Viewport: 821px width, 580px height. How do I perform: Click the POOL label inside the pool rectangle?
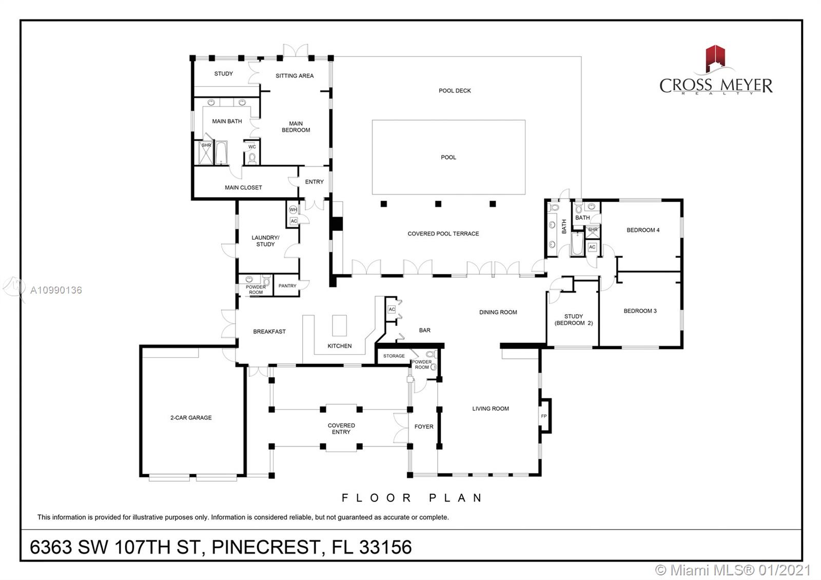coord(448,157)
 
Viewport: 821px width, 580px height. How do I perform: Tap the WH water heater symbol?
coord(293,210)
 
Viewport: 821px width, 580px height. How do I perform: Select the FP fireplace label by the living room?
coord(544,416)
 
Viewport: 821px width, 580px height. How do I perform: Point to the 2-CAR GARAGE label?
coord(191,418)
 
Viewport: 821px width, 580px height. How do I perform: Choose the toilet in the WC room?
coord(252,159)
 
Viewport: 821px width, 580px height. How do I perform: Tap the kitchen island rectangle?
coord(339,325)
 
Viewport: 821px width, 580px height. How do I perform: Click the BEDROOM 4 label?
coord(643,230)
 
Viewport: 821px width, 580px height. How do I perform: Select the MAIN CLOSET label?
coord(243,188)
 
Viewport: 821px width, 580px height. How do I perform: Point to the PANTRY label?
coord(287,286)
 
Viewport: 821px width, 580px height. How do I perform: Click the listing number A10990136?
coord(56,291)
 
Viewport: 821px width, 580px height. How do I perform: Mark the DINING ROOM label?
coord(498,313)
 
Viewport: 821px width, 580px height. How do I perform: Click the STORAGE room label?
coord(394,356)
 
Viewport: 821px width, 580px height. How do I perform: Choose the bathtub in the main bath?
coord(221,152)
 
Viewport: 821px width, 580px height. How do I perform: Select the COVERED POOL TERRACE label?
coord(443,234)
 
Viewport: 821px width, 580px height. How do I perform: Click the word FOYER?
coord(424,427)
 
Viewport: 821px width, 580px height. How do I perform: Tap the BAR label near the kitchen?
coord(425,331)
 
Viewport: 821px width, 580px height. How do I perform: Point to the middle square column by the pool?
coord(438,204)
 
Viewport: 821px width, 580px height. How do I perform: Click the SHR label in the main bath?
coord(206,145)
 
